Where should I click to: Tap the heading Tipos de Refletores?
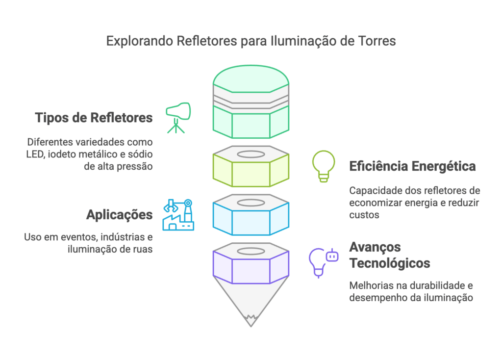pyautogui.click(x=94, y=118)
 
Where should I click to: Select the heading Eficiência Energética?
pyautogui.click(x=412, y=166)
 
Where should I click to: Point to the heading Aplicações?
pyautogui.click(x=119, y=214)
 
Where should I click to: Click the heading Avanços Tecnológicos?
pyautogui.click(x=389, y=255)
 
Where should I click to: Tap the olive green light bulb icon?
pyautogui.click(x=324, y=166)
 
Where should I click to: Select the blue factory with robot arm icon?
pyautogui.click(x=178, y=215)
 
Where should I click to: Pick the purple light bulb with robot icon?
pyautogui.click(x=324, y=262)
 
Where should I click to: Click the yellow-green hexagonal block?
pyautogui.click(x=251, y=172)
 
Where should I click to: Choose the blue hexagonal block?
pyautogui.click(x=251, y=218)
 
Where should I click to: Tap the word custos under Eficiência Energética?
pyautogui.click(x=364, y=215)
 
